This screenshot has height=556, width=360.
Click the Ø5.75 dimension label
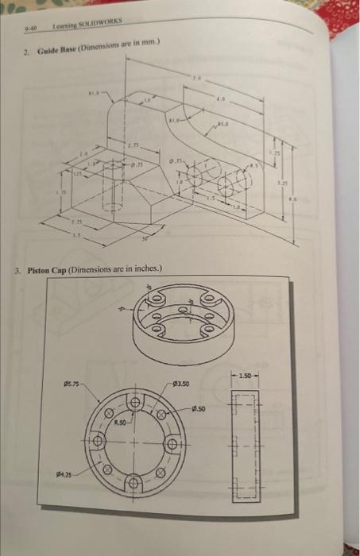[x=72, y=386]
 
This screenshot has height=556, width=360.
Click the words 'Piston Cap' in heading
[x=49, y=270]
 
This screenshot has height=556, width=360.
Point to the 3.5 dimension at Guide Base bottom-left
[x=78, y=236]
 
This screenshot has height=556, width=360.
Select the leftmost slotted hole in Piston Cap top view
[x=98, y=441]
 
